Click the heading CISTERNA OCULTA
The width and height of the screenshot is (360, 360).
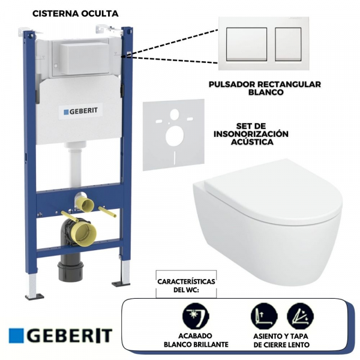point(75,13)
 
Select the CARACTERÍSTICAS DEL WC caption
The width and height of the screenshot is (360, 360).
point(187,286)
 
